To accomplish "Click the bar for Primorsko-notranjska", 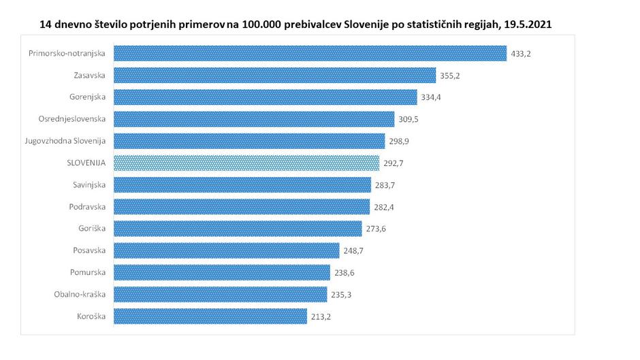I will pos(310,53).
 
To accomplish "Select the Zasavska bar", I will pos(274,76).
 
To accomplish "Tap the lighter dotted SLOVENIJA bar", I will pos(246,163).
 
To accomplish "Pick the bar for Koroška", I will pos(210,316).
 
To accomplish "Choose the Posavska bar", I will pos(226,250).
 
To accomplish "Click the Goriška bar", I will pos(238,229).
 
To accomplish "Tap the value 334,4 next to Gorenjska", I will pos(432,97).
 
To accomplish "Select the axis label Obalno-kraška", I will pos(80,294).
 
